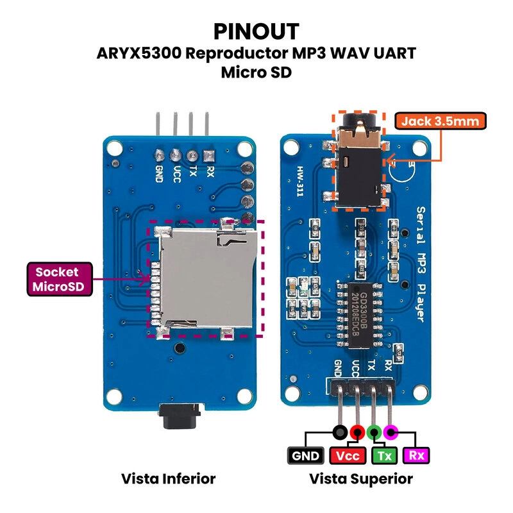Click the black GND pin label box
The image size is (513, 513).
click(305, 456)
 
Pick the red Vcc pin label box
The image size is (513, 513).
click(347, 456)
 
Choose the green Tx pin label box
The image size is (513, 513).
click(384, 456)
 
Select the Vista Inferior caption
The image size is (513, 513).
click(168, 479)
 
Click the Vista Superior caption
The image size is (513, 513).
click(361, 479)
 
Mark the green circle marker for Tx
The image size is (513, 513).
click(374, 432)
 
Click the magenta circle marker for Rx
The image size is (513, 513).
click(391, 432)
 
